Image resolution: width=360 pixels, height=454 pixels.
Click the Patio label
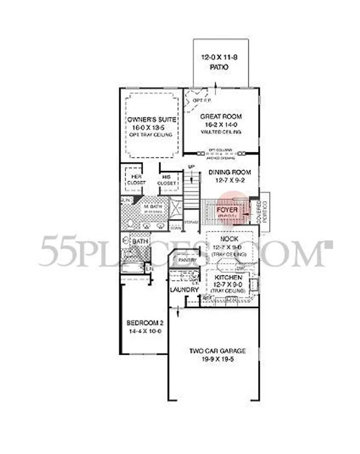click(x=220, y=67)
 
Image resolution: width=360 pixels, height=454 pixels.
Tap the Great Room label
click(x=221, y=117)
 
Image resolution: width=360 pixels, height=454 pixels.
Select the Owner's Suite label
click(x=152, y=119)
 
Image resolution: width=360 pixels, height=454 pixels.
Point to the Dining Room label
click(x=230, y=172)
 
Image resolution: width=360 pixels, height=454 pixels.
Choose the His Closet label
click(x=166, y=180)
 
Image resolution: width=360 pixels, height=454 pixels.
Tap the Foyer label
click(x=227, y=209)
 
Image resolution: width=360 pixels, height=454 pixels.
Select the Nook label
click(x=229, y=239)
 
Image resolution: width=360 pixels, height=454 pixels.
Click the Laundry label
click(x=184, y=290)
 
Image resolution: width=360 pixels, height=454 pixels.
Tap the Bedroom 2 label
click(x=144, y=323)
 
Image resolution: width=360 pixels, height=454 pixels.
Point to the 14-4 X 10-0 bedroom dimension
click(x=144, y=331)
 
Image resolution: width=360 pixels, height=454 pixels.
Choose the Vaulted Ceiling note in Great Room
click(x=221, y=132)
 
